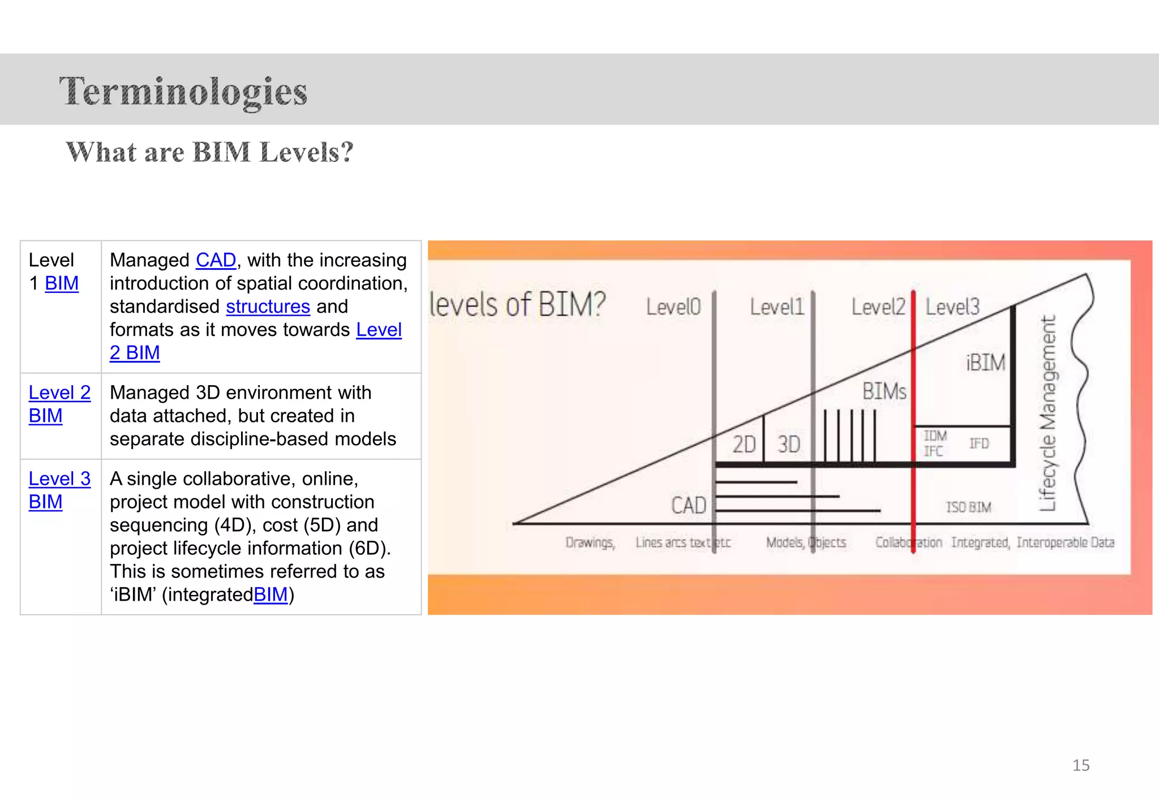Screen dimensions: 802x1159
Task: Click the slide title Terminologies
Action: [x=183, y=91]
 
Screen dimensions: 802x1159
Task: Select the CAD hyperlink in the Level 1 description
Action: [x=216, y=260]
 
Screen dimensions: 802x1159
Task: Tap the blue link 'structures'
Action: [x=268, y=307]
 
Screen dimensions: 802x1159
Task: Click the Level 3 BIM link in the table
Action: [x=59, y=490]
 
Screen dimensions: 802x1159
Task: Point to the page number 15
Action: [x=1080, y=765]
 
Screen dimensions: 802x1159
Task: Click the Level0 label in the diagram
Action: [x=673, y=307]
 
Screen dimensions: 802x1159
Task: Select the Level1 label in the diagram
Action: [x=776, y=307]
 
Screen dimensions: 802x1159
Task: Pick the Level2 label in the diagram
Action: [x=878, y=307]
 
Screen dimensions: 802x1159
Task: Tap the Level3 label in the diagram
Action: [x=952, y=307]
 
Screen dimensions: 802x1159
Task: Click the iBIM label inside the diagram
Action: [x=985, y=363]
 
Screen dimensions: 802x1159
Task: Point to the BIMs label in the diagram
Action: [x=884, y=391]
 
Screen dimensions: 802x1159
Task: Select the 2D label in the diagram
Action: [x=744, y=445]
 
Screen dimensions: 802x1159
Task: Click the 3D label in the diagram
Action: [x=788, y=445]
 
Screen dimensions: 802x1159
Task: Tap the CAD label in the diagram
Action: [x=688, y=505]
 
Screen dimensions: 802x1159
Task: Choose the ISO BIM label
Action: [x=968, y=507]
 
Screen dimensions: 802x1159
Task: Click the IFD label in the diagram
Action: [x=978, y=443]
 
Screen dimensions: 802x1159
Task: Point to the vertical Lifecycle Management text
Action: [x=1048, y=413]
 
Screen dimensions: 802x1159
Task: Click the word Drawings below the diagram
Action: [x=590, y=542]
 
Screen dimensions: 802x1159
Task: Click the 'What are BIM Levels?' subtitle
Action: [x=209, y=152]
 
